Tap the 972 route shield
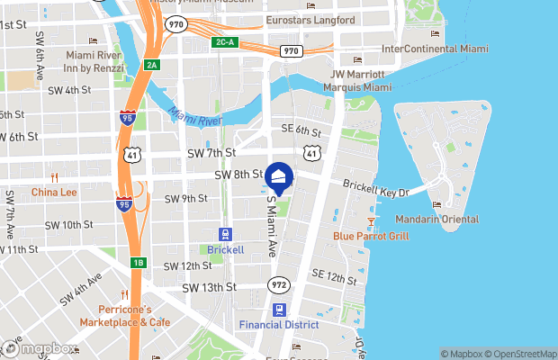pos(278,285)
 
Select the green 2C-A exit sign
pos(225,42)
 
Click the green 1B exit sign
pos(139,263)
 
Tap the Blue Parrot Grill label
pos(371,237)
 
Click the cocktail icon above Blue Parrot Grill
pos(371,220)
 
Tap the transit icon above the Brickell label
pos(225,233)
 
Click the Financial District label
pos(279,324)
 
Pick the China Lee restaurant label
pos(54,192)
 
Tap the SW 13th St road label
pos(209,287)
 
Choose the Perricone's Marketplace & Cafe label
pos(124,316)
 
